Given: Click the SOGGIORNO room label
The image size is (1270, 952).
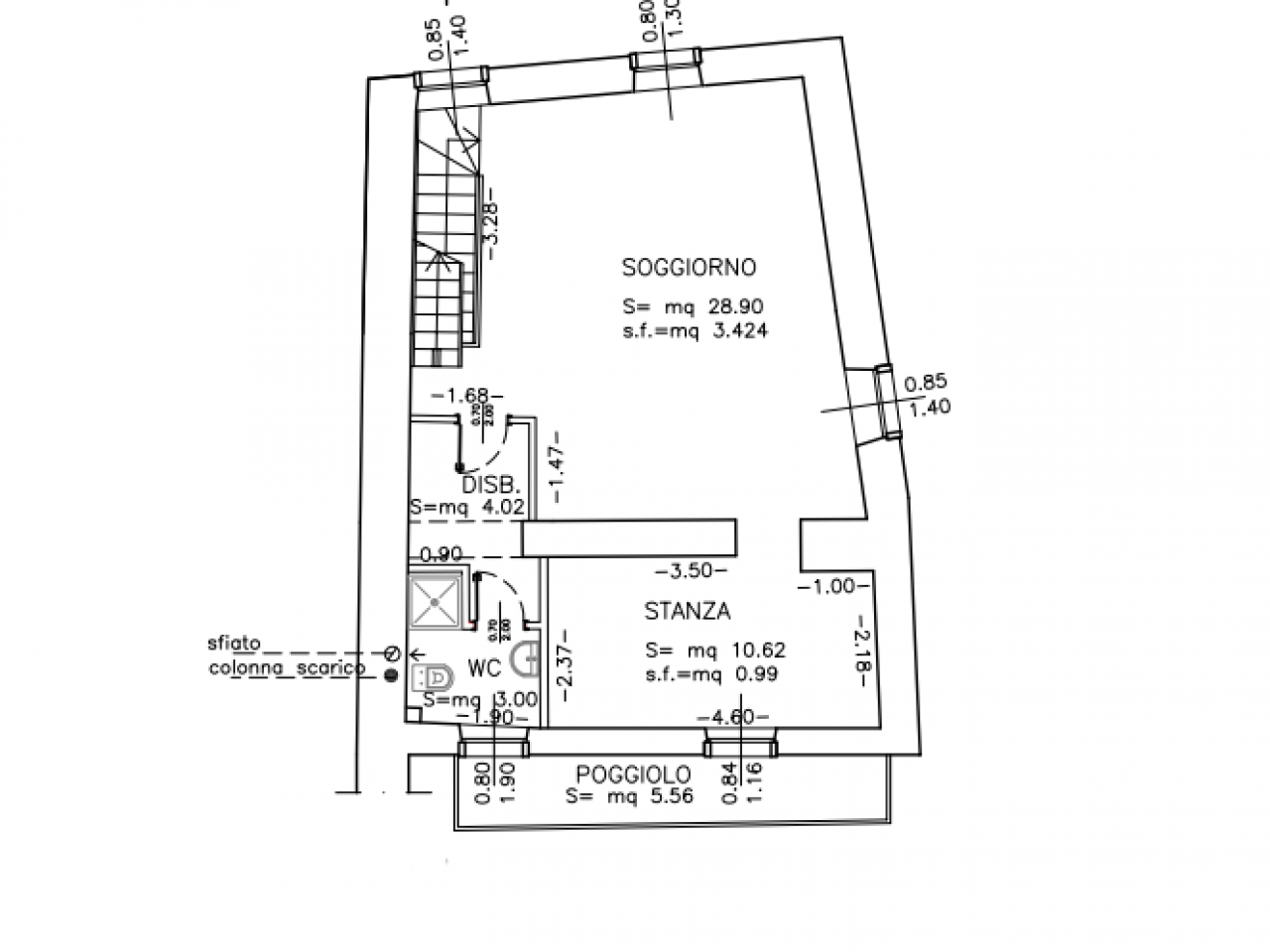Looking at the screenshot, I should pyautogui.click(x=689, y=268).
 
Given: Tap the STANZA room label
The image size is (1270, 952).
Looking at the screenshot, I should pyautogui.click(x=687, y=612).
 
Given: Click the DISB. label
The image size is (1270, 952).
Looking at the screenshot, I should pyautogui.click(x=492, y=487).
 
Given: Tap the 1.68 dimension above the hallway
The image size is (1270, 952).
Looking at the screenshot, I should pyautogui.click(x=467, y=397).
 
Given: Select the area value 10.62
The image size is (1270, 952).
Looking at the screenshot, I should pyautogui.click(x=758, y=652).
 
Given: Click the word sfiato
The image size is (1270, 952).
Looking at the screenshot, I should pyautogui.click(x=234, y=644).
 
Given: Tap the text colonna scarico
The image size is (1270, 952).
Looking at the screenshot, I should pyautogui.click(x=287, y=669).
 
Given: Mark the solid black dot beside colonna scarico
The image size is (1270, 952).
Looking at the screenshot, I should pyautogui.click(x=390, y=674).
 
